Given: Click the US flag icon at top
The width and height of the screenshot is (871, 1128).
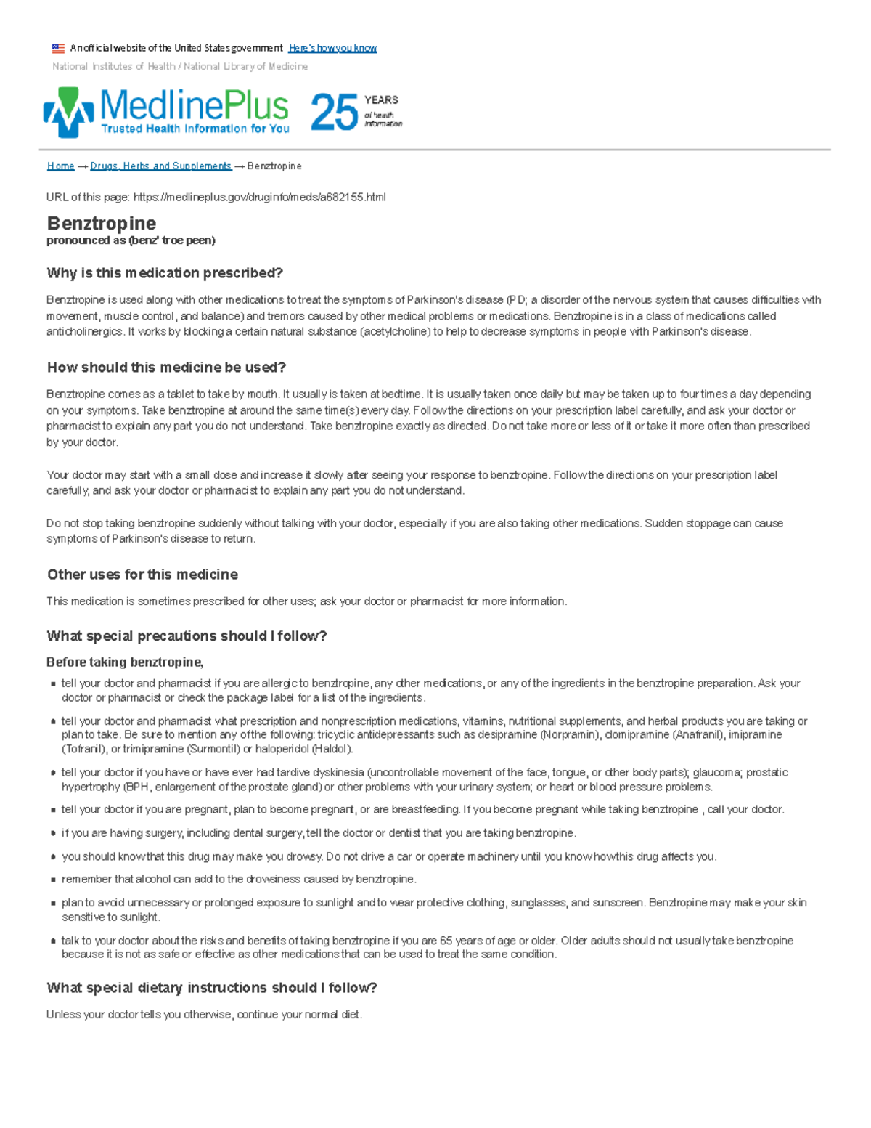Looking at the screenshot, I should click(58, 49).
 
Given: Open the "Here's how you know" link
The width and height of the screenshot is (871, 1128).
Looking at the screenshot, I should click(332, 49).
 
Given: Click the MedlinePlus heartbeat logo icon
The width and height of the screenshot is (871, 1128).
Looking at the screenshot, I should click(68, 112).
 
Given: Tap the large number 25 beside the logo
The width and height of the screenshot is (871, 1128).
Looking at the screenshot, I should click(334, 113).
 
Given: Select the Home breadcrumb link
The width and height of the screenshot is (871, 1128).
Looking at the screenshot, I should click(60, 166).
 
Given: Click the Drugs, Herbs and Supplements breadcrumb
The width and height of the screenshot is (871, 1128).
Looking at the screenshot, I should click(160, 166).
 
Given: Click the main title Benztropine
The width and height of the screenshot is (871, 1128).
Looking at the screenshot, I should click(102, 223).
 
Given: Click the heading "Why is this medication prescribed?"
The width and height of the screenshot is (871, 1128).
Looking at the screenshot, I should click(165, 273).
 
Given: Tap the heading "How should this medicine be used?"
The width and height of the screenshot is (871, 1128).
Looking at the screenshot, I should click(166, 368).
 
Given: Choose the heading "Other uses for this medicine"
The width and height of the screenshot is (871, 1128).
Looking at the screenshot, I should click(142, 575).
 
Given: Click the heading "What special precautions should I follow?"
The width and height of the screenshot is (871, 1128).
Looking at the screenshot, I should click(187, 636).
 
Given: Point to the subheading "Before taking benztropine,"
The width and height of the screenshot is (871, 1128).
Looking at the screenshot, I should click(125, 662).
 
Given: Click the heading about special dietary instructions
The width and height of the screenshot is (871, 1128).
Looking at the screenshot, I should click(211, 988).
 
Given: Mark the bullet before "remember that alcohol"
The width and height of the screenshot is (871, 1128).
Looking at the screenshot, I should click(54, 880).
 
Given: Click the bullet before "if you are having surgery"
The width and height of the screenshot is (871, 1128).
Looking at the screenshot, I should click(54, 834).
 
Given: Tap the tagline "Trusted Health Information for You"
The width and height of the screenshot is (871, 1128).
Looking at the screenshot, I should click(195, 129).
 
